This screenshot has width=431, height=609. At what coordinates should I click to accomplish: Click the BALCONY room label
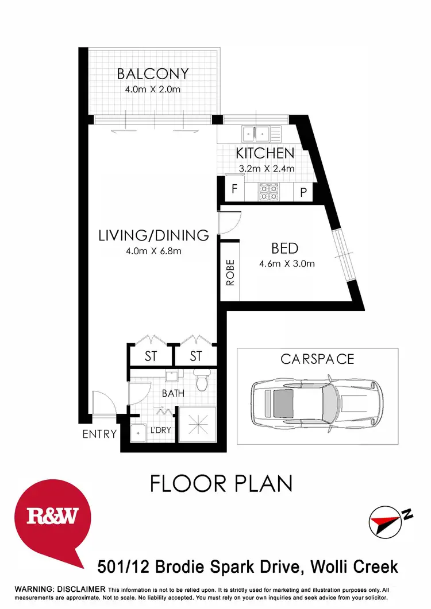(x=153, y=74)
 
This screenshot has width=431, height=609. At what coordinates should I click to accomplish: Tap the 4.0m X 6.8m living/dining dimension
(x=153, y=250)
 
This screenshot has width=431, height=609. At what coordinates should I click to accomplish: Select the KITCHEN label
(x=265, y=153)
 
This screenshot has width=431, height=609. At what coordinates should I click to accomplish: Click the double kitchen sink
(x=256, y=134)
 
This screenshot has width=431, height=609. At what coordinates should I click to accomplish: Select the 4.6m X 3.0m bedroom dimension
(x=287, y=264)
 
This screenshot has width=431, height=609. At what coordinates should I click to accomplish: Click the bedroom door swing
(x=229, y=223)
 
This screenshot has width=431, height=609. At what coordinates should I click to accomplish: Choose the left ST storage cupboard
(x=151, y=356)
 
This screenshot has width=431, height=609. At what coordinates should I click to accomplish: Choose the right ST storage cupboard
(x=196, y=356)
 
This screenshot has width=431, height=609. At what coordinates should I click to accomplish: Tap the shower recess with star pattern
(x=197, y=425)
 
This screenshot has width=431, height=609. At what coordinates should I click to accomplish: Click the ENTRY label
(x=99, y=434)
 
